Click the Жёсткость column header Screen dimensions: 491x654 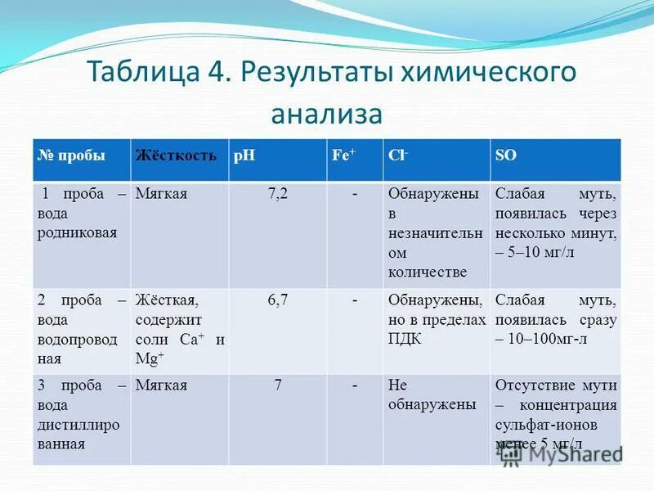177,155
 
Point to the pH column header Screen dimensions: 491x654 244,155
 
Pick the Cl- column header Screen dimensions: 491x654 399,155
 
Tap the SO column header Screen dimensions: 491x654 504,155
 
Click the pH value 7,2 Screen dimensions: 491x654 278,195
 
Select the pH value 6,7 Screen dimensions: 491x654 278,300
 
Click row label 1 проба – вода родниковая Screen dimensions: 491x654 80,213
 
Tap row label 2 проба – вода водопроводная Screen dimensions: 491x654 80,329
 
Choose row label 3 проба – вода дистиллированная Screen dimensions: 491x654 80,415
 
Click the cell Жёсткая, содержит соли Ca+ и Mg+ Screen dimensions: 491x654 179,329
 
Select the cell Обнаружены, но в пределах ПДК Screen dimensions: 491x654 437,319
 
